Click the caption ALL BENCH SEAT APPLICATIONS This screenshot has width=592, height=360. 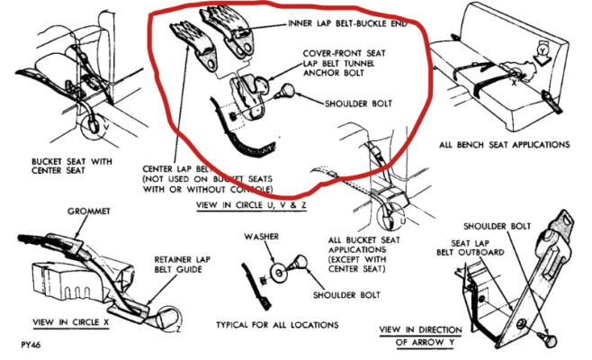coord(505,144)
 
